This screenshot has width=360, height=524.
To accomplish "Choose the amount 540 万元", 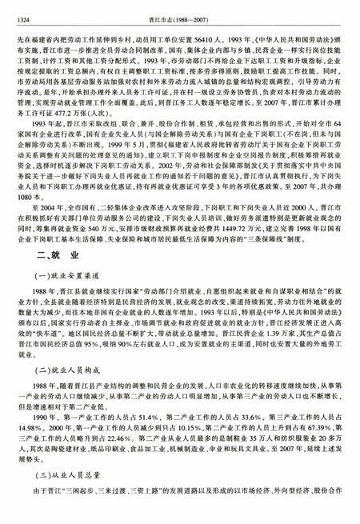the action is click(x=110, y=227).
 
